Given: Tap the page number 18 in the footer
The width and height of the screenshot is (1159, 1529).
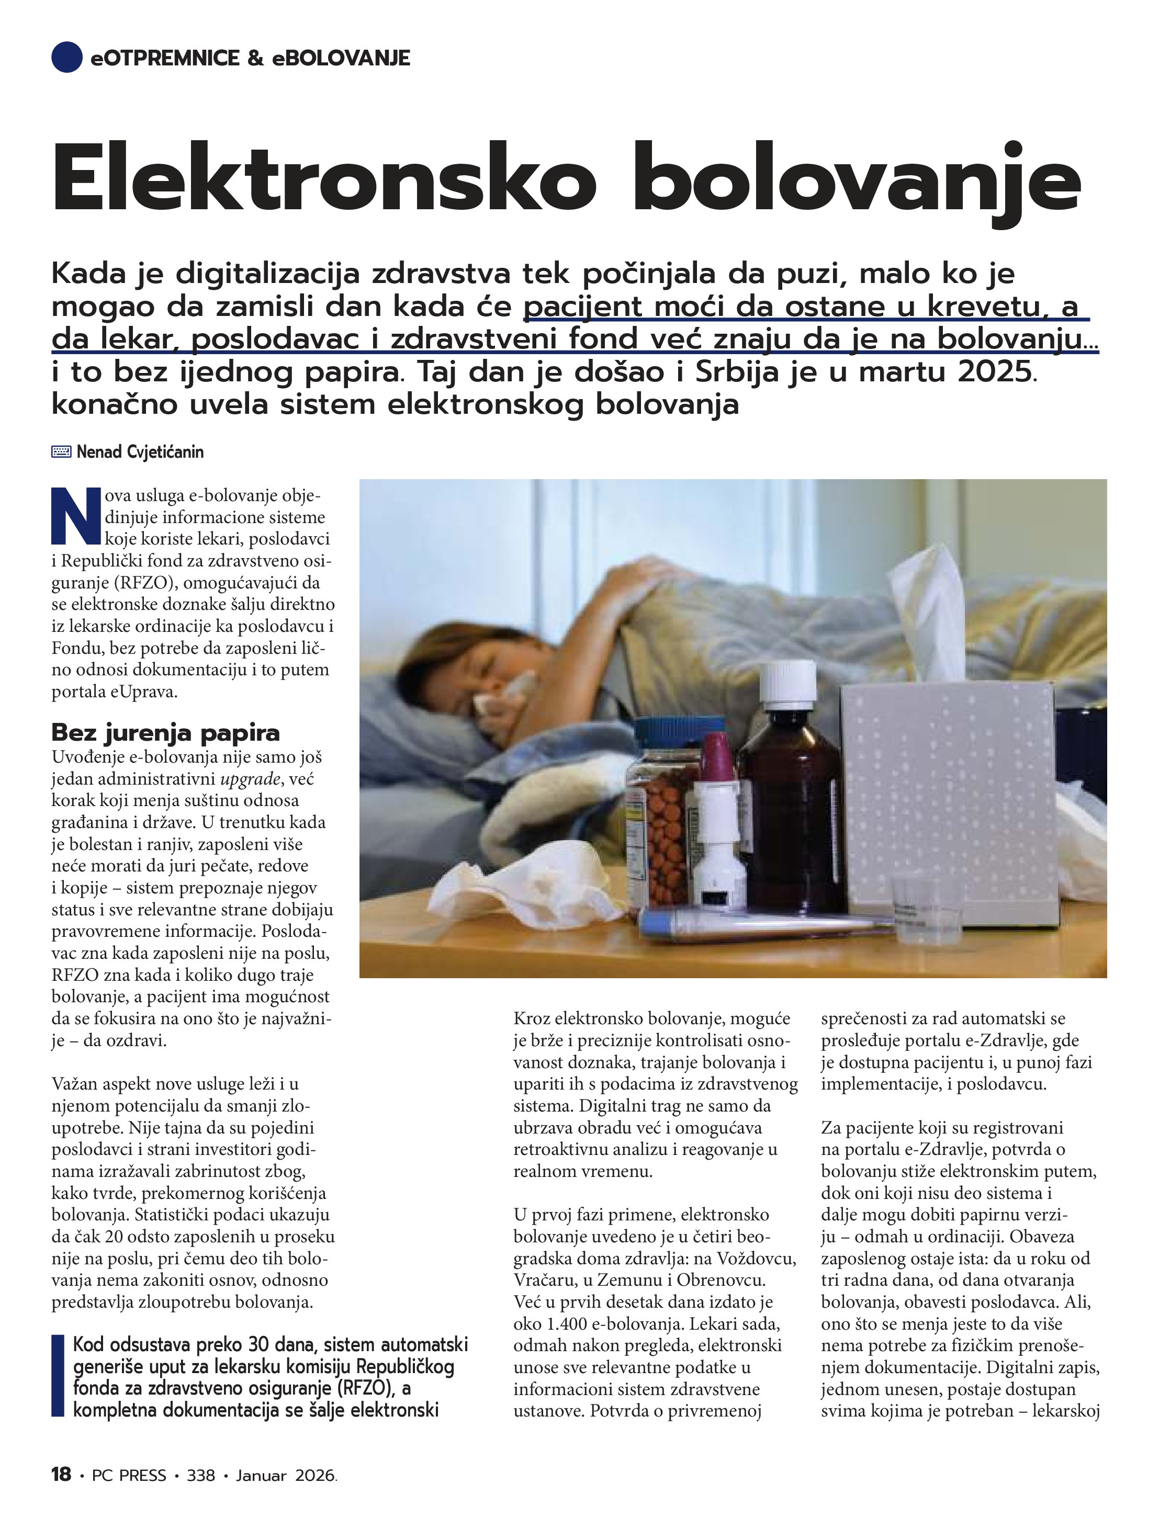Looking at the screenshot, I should pyautogui.click(x=61, y=1475).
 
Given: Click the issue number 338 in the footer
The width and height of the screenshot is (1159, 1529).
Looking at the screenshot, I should pyautogui.click(x=200, y=1476).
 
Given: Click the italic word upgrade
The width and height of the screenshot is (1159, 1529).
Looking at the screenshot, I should pyautogui.click(x=250, y=779).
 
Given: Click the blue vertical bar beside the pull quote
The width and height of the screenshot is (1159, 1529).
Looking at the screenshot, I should pyautogui.click(x=58, y=1376).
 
